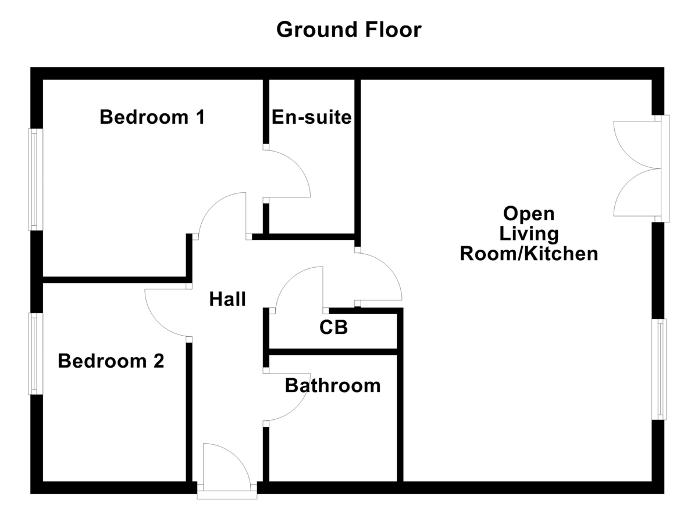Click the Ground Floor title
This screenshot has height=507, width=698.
348,29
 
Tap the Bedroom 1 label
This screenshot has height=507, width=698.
152,117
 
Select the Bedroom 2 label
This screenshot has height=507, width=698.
111,361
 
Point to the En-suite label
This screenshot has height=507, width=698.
312,117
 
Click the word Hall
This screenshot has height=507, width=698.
227,300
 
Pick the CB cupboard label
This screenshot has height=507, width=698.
333,328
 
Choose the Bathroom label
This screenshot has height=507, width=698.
333,385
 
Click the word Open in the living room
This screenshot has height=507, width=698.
529,213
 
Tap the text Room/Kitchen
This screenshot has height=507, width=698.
529,254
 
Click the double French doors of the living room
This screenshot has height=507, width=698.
637,168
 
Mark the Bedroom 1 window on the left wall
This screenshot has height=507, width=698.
36,179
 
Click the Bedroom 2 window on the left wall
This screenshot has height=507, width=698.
36,354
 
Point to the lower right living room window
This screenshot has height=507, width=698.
661,369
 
